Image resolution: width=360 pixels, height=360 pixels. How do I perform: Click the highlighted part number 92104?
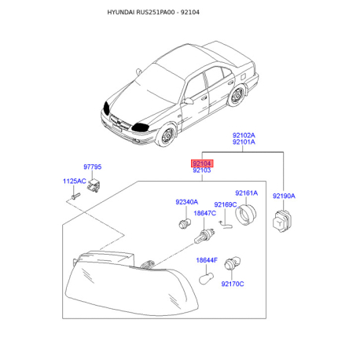point(202,163)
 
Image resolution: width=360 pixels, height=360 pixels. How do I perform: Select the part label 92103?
point(202,171)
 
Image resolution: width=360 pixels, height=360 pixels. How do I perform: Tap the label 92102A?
point(244,135)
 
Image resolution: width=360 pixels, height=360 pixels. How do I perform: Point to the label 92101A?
point(244,142)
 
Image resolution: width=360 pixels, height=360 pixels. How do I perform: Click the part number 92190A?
point(284,196)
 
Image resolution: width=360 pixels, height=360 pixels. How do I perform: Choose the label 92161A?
point(246,193)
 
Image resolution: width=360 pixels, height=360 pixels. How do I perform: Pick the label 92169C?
point(226,204)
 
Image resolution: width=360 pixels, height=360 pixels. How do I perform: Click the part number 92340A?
point(186,202)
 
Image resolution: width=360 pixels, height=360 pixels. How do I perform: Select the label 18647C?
point(204,213)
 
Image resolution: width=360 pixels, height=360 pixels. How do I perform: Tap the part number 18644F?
point(207,260)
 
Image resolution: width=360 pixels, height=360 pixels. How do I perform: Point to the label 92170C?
point(233,284)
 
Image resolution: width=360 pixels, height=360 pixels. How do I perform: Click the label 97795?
point(92,167)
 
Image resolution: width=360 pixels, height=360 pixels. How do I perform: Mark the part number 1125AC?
point(75,181)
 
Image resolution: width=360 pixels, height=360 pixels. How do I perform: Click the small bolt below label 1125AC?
point(75,196)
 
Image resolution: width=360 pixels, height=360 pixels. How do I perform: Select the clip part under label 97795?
point(94,186)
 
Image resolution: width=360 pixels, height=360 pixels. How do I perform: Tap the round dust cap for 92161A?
point(246,215)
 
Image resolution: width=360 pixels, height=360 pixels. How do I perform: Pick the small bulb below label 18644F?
point(207,278)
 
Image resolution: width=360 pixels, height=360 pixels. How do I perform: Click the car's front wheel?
point(166,135)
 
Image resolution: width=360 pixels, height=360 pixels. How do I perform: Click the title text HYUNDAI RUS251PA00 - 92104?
point(153,13)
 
